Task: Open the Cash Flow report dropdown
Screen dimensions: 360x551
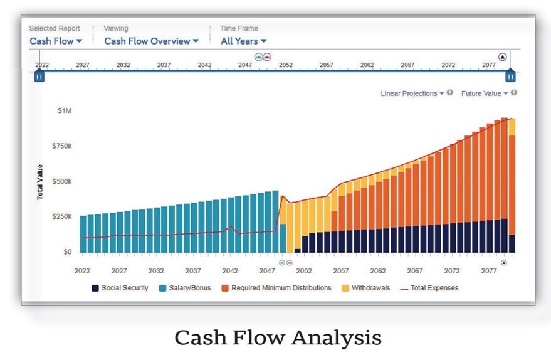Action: (56, 41)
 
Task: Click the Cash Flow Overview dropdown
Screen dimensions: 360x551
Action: (151, 41)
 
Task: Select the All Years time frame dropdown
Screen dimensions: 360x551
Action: (243, 41)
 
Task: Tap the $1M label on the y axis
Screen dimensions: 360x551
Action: (65, 110)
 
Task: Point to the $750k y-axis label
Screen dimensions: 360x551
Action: (61, 146)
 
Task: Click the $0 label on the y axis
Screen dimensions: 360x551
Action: (67, 252)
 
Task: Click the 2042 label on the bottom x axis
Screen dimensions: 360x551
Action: (230, 271)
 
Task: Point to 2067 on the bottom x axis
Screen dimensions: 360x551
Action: (414, 271)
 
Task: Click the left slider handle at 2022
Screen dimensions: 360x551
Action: (39, 76)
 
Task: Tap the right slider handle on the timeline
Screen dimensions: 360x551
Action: (510, 76)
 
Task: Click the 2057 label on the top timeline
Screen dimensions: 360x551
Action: (326, 65)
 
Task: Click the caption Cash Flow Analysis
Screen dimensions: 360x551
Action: (278, 338)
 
